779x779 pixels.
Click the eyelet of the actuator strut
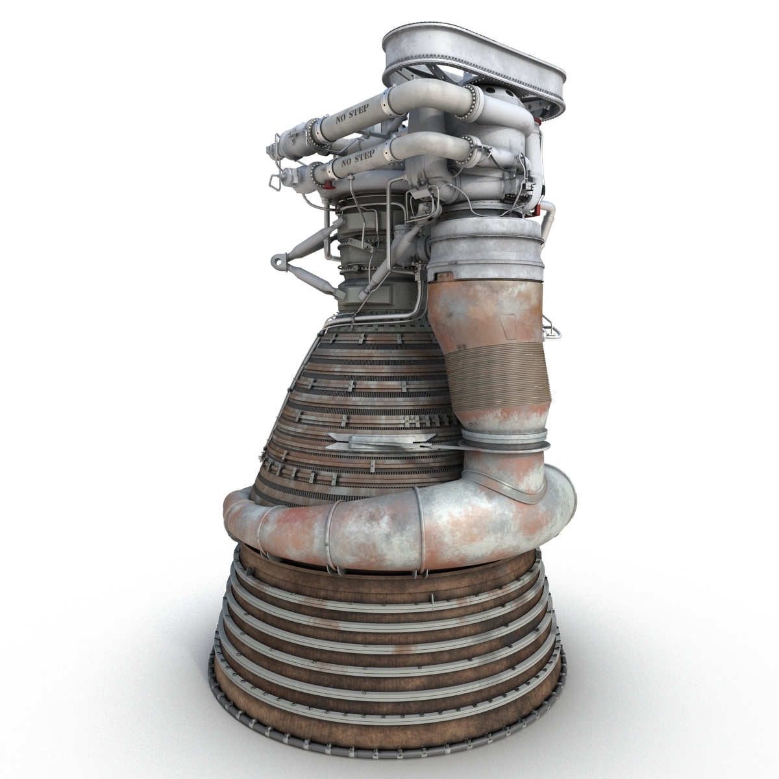coord(278,262)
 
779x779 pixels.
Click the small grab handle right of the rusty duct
coord(552,327)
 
